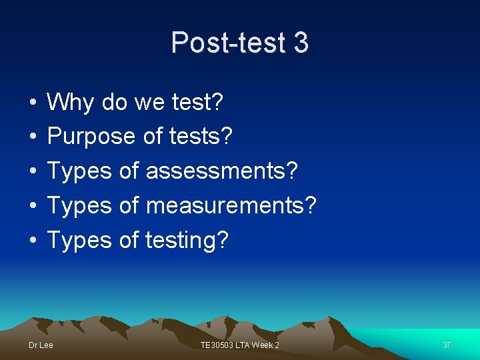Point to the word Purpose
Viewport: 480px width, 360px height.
tap(91, 137)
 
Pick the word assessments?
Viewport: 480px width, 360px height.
tap(222, 171)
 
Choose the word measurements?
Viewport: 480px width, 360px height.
tap(230, 205)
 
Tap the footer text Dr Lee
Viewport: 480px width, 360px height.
tap(41, 345)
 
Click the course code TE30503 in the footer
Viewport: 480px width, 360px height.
tap(217, 345)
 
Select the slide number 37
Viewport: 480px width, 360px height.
tap(447, 345)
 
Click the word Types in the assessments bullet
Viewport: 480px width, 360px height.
tap(79, 171)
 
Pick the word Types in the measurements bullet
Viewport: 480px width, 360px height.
tap(79, 205)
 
